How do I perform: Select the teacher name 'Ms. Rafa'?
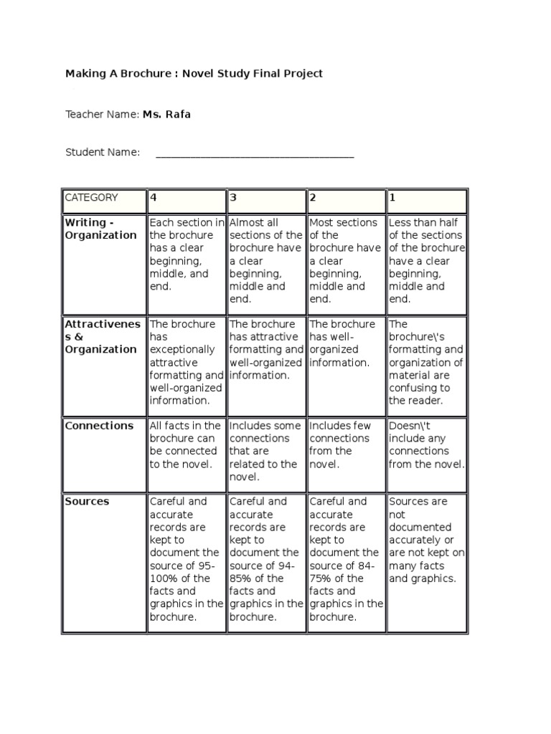[166, 114]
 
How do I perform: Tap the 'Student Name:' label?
[103, 153]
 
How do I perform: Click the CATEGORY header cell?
[103, 201]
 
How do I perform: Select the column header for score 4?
[186, 201]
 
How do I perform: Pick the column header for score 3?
[266, 201]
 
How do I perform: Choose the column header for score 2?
[347, 201]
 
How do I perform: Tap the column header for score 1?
[427, 201]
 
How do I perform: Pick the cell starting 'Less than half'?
[427, 261]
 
